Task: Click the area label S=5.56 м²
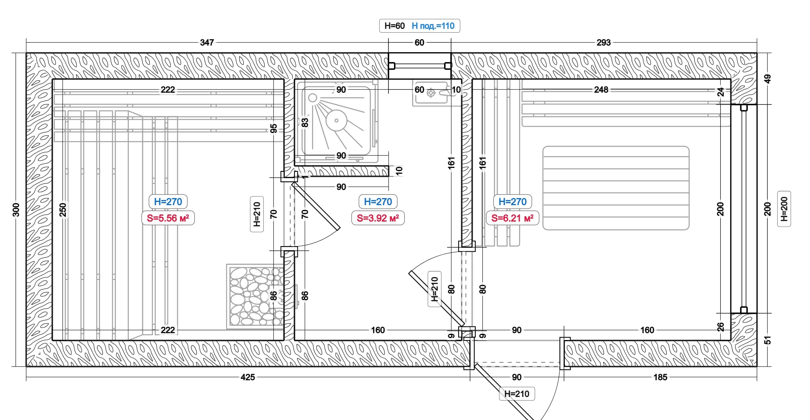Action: pos(168,218)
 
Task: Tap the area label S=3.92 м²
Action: pos(378,218)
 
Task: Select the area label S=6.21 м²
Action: pos(513,218)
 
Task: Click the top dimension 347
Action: pos(207,42)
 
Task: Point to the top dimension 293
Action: pos(603,42)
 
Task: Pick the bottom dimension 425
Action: pos(248,377)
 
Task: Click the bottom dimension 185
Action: pos(660,377)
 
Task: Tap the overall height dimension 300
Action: pos(16,210)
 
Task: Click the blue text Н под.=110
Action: pos(433,26)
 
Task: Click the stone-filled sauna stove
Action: pos(255,297)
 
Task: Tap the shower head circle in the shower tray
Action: pos(336,120)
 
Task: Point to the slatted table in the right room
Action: pos(616,188)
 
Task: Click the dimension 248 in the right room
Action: pos(601,90)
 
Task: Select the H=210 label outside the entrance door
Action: pos(517,394)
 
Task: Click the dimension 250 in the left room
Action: pos(63,210)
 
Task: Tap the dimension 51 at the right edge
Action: pos(768,340)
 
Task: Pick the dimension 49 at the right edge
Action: pos(768,79)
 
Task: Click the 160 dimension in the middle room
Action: pos(378,330)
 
